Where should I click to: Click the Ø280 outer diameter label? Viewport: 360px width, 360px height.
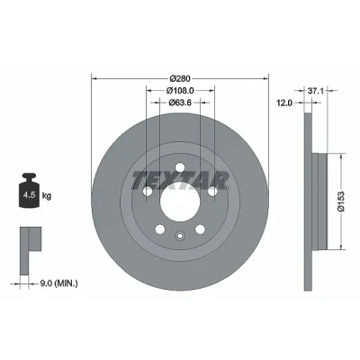[x=180, y=78]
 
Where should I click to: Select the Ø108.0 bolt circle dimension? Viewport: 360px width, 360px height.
[x=180, y=90]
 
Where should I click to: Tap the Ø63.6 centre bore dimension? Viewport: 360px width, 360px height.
[x=180, y=103]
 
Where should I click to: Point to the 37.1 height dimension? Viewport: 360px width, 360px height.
[x=316, y=90]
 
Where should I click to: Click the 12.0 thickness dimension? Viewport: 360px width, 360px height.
[x=284, y=103]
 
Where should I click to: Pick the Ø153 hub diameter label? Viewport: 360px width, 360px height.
[x=342, y=202]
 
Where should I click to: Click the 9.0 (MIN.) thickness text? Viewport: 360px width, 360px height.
[x=58, y=283]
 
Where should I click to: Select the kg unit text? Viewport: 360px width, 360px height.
[x=47, y=196]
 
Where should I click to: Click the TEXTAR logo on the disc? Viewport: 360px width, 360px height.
[x=180, y=180]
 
